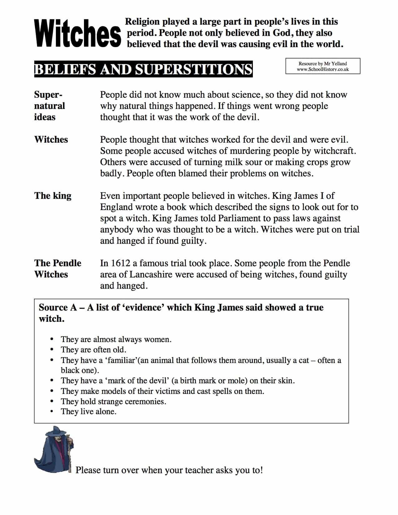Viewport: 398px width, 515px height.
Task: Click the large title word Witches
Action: point(77,33)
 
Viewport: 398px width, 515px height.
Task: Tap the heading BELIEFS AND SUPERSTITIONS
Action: point(143,69)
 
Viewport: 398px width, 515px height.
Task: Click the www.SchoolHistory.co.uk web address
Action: point(323,69)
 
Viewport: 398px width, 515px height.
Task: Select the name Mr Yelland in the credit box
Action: point(336,64)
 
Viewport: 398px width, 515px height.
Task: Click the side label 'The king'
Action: point(53,196)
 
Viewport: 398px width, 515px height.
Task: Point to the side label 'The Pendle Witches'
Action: point(57,268)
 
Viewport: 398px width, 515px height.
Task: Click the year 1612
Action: point(120,263)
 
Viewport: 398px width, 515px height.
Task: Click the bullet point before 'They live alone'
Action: point(52,412)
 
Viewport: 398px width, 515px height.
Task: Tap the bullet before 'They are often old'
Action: point(52,350)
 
